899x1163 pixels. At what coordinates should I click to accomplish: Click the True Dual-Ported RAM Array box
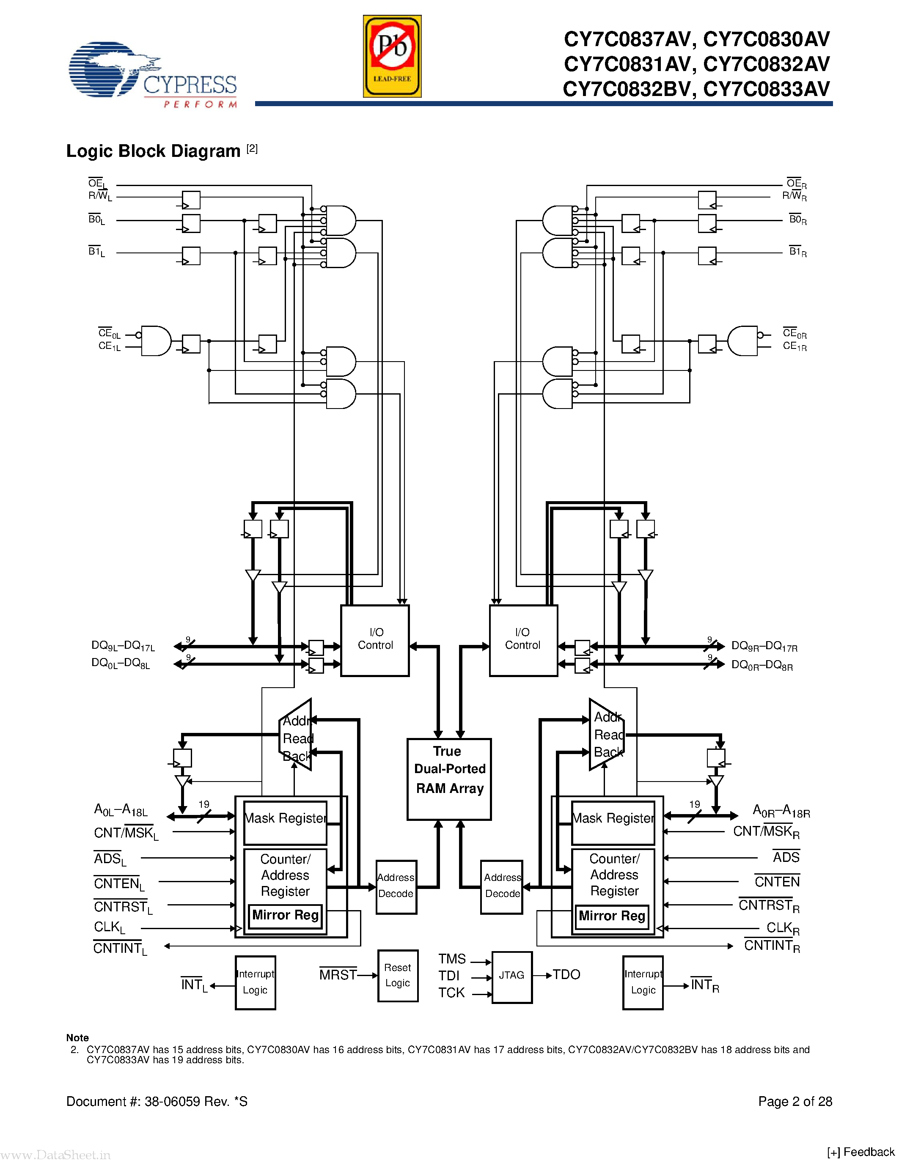pos(448,779)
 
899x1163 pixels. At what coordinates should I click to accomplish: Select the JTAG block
pos(511,976)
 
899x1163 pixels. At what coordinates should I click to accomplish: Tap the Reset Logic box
pos(397,976)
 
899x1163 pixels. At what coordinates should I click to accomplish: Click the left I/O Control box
pos(374,640)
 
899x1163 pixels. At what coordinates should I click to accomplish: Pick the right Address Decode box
pos(501,886)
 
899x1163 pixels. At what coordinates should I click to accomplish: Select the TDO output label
pos(566,974)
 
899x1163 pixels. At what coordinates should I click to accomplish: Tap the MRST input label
pos(338,974)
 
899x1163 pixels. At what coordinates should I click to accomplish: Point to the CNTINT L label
pos(119,949)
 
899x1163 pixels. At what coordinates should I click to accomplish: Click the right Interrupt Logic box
pos(643,982)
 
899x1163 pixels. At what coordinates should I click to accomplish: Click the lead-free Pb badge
pos(392,56)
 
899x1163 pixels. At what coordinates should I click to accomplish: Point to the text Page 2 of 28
pos(795,1101)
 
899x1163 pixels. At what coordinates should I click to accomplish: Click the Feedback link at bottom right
pos(861,1152)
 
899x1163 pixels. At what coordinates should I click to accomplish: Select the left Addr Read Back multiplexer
pos(296,735)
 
